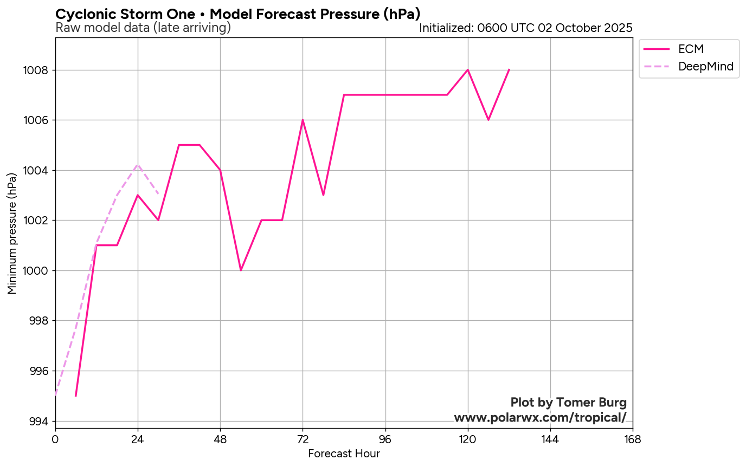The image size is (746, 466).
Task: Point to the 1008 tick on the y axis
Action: coord(36,70)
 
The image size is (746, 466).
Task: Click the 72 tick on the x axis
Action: coord(303,439)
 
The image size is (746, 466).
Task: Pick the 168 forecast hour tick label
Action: coord(632,439)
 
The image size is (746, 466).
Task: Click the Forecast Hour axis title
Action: coord(344,454)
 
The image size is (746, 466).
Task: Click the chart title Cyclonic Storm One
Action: coord(238,14)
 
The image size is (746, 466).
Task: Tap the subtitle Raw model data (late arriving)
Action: coord(143,28)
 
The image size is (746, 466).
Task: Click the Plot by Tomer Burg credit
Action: coord(568,403)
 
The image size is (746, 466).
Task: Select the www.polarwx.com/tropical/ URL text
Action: coord(540,418)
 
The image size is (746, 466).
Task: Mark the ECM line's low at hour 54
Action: coord(241,270)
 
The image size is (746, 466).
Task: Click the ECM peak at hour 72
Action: coord(303,120)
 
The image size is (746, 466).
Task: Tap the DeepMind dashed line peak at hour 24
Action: coord(138,165)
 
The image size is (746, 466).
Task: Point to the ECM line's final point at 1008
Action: coord(509,69)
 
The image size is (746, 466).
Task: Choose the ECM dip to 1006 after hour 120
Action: coord(488,120)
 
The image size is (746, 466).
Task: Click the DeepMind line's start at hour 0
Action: coord(55,396)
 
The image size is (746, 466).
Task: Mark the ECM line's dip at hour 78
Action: coord(323,195)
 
